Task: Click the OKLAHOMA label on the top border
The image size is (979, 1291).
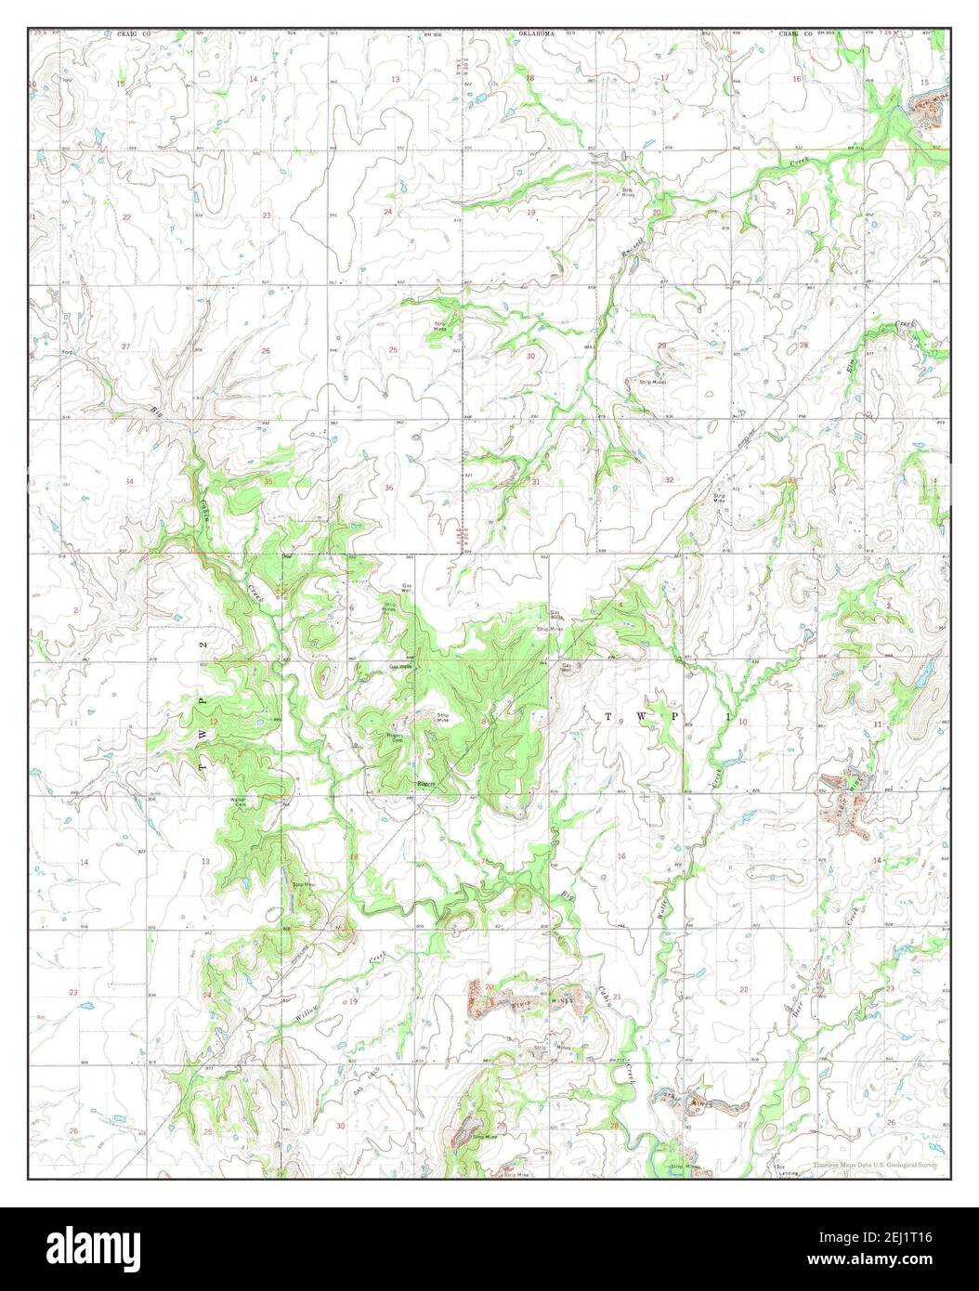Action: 536,33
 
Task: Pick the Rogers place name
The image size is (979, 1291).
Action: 426,785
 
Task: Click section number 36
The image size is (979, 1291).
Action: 388,488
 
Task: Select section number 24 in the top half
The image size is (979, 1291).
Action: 388,213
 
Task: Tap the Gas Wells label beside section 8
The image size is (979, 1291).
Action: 401,667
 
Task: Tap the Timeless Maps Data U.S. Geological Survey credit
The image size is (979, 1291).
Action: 874,1164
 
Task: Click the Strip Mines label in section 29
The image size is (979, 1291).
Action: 652,382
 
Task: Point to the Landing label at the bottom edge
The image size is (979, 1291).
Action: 788,1174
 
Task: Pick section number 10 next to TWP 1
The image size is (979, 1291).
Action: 742,722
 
